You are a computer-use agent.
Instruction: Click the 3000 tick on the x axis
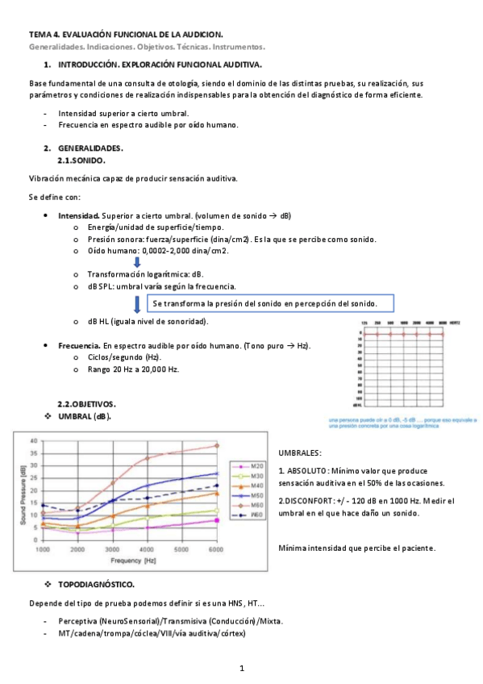coord(111,549)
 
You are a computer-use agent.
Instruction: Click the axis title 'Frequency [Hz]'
coord(128,559)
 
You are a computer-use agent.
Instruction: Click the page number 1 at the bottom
coord(242,669)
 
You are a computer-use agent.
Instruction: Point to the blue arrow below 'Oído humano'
coord(136,261)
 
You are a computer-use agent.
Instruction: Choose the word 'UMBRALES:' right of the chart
coord(299,453)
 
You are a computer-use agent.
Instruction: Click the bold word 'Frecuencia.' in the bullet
coord(78,345)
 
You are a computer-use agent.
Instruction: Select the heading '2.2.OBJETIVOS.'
coord(86,402)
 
